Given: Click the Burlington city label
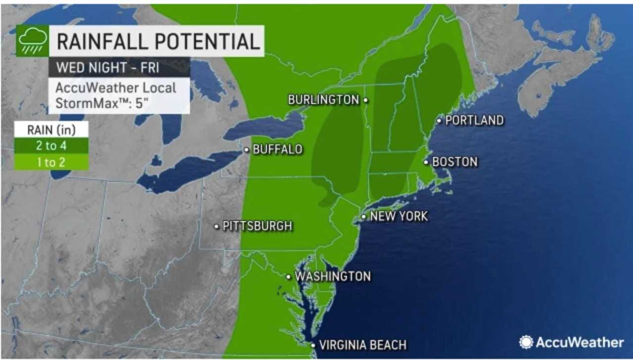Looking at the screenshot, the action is point(323,100).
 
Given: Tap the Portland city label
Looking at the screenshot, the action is point(474,120).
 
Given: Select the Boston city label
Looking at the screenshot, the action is point(454,162).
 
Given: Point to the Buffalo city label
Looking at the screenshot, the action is point(277,149).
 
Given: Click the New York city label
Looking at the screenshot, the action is point(399,216).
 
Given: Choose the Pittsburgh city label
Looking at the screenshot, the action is point(257,226).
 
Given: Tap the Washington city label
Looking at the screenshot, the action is point(332,276).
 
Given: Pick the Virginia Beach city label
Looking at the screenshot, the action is point(362,345).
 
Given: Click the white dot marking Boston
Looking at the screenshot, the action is point(425,162).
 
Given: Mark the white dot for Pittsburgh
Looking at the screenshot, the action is point(217,226).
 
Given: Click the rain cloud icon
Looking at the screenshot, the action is point(33,41).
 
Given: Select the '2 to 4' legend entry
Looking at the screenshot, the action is point(51,145).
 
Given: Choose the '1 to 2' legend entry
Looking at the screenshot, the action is point(51,162).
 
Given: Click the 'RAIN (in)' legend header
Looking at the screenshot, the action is point(51,130).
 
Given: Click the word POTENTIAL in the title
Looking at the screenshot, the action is point(206,41).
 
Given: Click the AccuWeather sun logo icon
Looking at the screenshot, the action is point(526,342).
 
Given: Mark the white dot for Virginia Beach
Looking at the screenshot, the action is point(313,345).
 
